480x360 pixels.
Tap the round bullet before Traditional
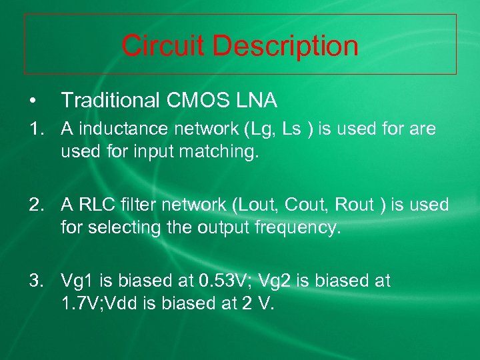[x=32, y=101]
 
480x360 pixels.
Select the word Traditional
[x=110, y=101]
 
